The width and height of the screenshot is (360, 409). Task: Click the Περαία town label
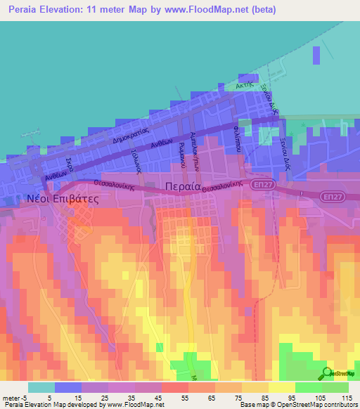point(181,187)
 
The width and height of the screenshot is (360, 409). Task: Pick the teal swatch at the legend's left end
point(41,387)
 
